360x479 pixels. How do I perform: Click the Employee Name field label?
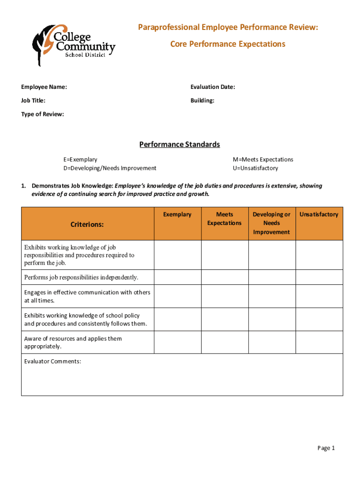coord(44,87)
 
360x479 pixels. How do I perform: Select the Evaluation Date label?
coord(212,87)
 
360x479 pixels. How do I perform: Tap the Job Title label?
coord(33,101)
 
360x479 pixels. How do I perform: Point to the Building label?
coord(202,101)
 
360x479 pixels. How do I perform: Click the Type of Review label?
coord(43,114)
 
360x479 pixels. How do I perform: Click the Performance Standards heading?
coord(180,145)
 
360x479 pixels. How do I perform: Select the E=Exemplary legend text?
coord(80,160)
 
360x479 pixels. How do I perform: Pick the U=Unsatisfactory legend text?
coord(255,168)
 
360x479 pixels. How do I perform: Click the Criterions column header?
coord(87,225)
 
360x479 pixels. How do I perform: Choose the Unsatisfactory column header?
coord(319,214)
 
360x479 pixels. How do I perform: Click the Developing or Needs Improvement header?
coord(271,223)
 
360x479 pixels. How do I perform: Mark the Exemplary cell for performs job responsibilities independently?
coord(178,277)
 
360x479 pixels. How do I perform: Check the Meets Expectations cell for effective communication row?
coord(224,296)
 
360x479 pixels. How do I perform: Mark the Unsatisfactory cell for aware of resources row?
coord(319,342)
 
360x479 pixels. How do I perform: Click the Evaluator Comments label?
coord(52,361)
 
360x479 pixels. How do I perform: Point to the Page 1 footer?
coord(326,448)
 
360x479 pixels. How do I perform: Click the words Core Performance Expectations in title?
coord(227,44)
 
